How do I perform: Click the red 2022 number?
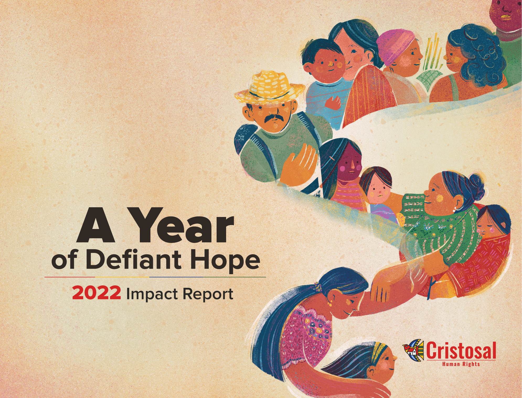(97, 293)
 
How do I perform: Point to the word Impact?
(152, 294)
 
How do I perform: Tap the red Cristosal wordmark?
(461, 351)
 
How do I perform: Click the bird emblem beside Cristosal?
(413, 350)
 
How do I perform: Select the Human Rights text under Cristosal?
(461, 364)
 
